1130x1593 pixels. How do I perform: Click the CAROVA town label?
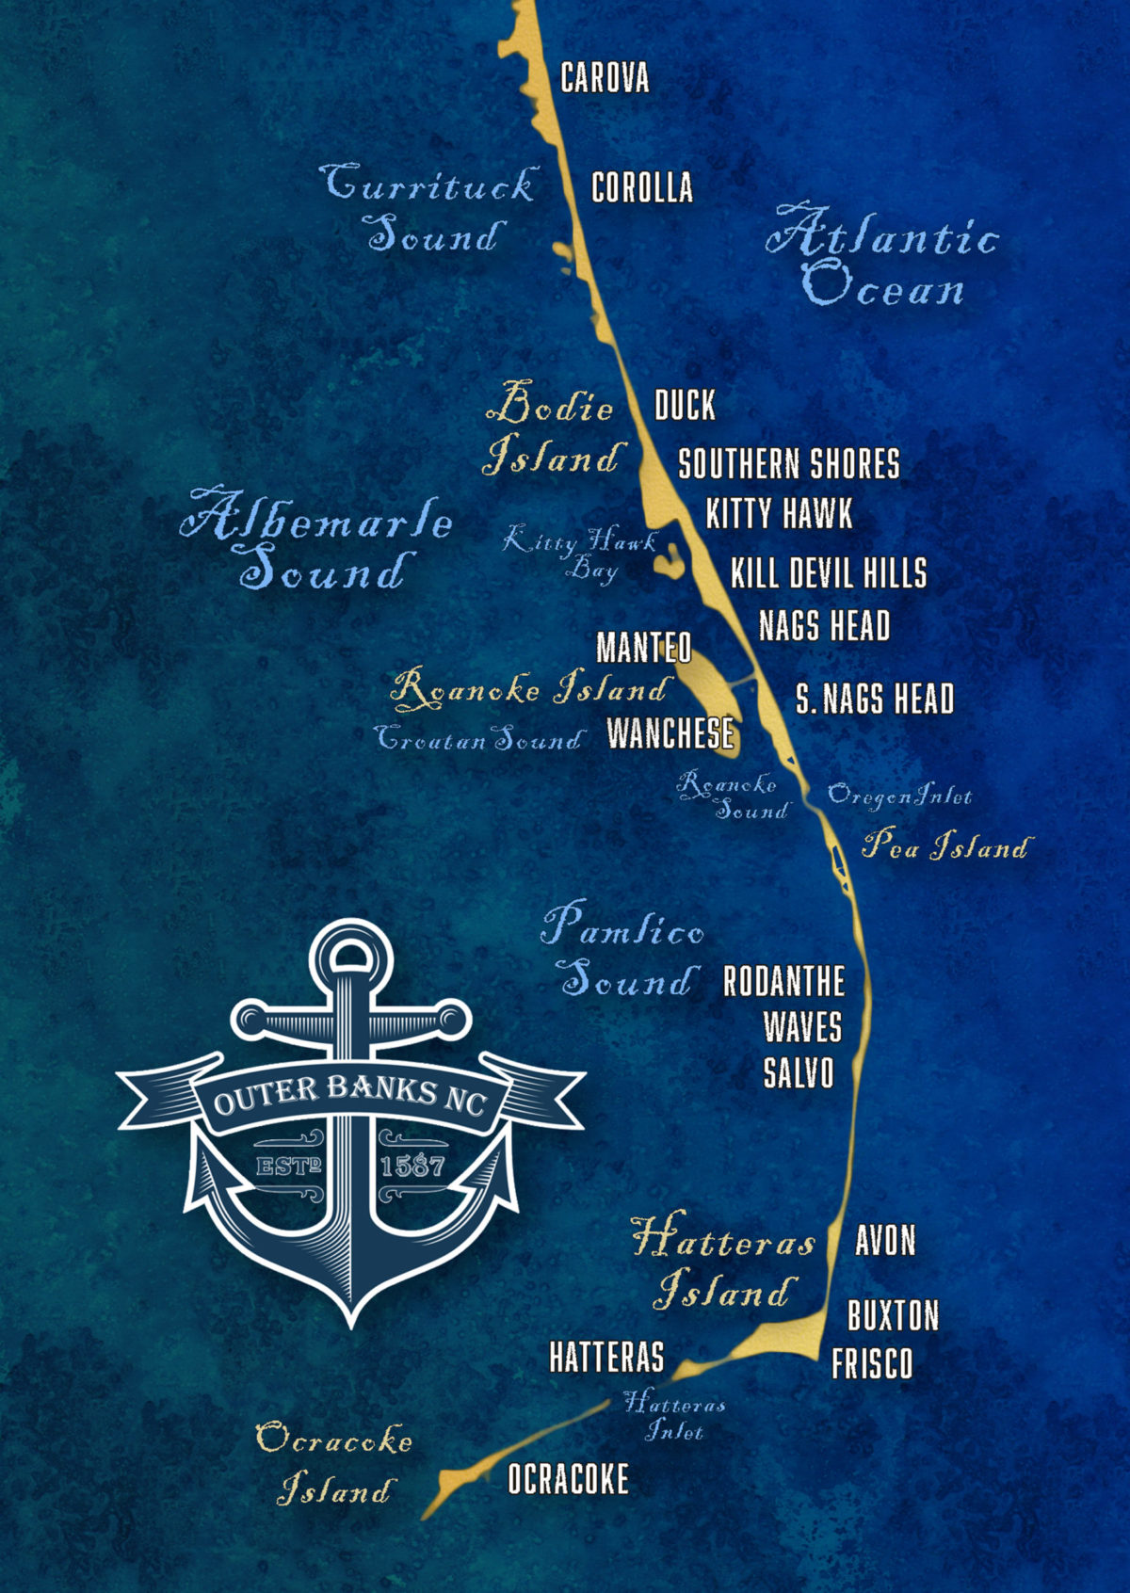(x=605, y=77)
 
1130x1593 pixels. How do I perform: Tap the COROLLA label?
(x=641, y=187)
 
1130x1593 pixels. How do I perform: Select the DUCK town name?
(x=685, y=406)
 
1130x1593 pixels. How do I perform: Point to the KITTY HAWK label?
(x=779, y=514)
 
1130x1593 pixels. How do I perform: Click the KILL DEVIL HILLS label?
(x=829, y=572)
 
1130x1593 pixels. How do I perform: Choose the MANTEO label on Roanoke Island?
(x=644, y=648)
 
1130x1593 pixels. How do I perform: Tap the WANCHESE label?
(x=670, y=732)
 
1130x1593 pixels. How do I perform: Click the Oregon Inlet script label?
(x=898, y=796)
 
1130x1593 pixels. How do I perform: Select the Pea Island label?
(x=945, y=845)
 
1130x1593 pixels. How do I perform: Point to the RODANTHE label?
(x=783, y=982)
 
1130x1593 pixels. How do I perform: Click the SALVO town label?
(x=799, y=1073)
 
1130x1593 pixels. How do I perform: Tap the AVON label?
(x=885, y=1241)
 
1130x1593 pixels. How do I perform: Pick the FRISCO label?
(x=872, y=1364)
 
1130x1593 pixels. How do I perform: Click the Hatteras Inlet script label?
(x=674, y=1417)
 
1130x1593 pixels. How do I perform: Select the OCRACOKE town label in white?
(x=568, y=1479)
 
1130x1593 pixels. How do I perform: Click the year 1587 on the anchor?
(x=412, y=1167)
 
